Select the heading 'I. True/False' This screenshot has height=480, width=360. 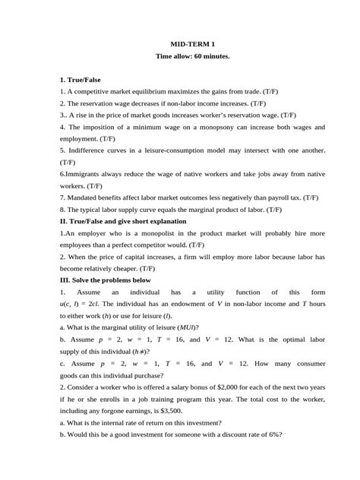[80, 79]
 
